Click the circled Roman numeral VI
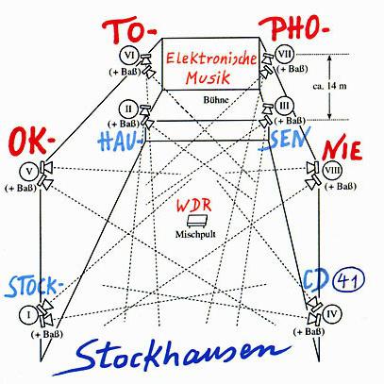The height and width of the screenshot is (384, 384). coord(129,56)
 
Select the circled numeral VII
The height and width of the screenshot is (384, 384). coord(285,55)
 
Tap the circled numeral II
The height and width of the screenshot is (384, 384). coord(128,109)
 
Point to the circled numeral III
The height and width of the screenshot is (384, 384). coord(284,106)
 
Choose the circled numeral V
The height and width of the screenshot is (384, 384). coord(29,172)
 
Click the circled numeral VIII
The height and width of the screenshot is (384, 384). coord(333,170)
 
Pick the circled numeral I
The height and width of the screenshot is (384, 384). coord(29,314)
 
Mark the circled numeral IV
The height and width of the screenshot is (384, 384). coord(332,314)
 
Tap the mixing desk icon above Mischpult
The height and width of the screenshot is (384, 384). coord(196,221)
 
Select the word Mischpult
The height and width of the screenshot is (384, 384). coord(195,234)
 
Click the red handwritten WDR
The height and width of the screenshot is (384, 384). coord(193,205)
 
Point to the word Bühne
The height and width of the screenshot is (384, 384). coord(216,100)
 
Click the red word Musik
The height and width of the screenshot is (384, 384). coord(208,77)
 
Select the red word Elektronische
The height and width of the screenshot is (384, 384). coord(211,58)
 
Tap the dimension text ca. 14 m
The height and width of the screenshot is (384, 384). coord(329,86)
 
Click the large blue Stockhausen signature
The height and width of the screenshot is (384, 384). coord(172,357)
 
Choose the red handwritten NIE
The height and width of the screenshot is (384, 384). coord(342,150)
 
